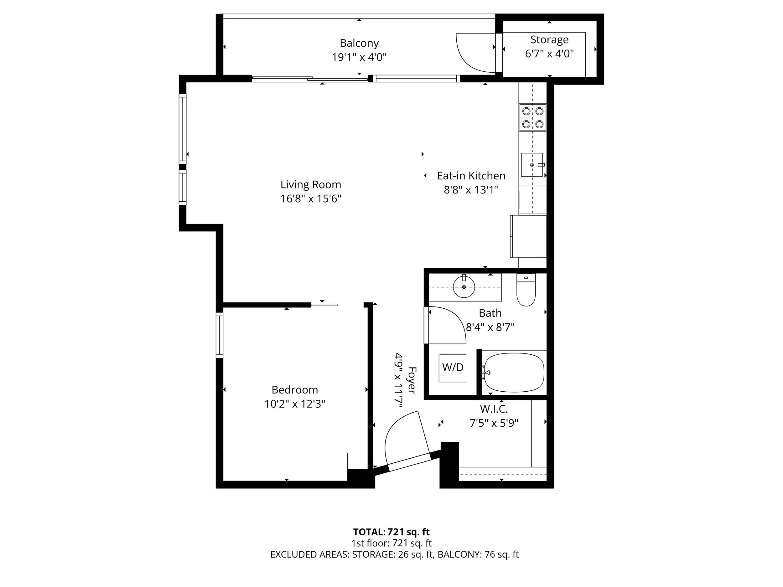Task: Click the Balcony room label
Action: [x=359, y=43]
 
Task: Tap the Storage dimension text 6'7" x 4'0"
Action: [x=549, y=54]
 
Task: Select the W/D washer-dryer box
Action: [x=453, y=368]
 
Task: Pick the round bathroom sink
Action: [x=464, y=286]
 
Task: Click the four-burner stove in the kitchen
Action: [x=533, y=117]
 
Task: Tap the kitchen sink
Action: [x=532, y=165]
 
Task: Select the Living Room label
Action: [x=310, y=185]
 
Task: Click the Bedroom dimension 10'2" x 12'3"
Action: [x=294, y=404]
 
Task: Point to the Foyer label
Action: [x=412, y=380]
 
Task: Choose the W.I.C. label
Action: [x=494, y=409]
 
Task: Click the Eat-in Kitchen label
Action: [x=471, y=176]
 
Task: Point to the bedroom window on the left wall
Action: [x=220, y=335]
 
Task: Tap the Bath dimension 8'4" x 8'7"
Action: [x=490, y=327]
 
